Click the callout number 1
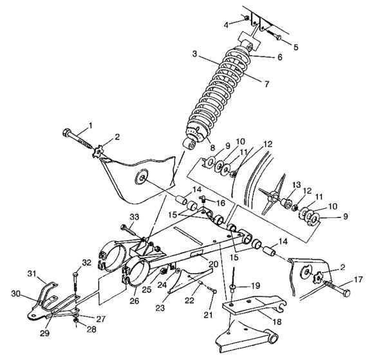(x=91, y=125)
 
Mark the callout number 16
(x=222, y=203)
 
